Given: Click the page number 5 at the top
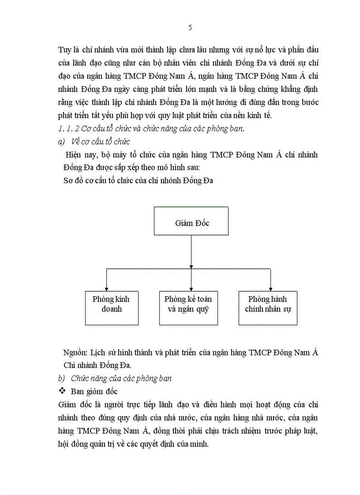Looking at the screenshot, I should (190, 28).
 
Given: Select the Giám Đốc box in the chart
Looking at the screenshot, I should (191, 221).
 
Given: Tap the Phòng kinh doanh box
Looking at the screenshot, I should (111, 308).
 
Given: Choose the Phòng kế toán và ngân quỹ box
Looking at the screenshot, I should (188, 308).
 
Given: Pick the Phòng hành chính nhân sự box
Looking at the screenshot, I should (268, 308).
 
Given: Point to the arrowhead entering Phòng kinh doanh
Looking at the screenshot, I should (106, 288).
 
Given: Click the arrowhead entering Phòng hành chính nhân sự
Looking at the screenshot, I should (270, 288).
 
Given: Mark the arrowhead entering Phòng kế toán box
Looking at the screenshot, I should (191, 288).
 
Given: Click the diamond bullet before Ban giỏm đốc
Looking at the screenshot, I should (62, 391).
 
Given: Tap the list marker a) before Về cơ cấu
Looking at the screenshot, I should (61, 141).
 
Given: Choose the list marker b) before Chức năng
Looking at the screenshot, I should (61, 378).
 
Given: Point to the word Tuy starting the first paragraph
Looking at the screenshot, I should (64, 50).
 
